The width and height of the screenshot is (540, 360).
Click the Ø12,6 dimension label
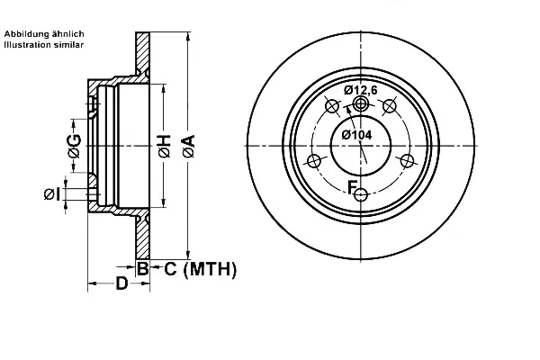click(361, 90)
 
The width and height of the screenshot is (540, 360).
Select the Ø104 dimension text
click(356, 135)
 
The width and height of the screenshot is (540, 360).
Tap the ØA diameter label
click(188, 147)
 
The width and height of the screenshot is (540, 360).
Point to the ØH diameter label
click(165, 147)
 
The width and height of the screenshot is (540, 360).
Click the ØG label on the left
click(75, 146)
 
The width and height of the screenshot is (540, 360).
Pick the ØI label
click(52, 194)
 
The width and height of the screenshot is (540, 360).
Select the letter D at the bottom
click(121, 283)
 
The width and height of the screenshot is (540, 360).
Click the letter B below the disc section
click(142, 268)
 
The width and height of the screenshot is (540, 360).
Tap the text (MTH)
click(210, 269)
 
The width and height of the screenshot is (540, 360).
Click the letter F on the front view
click(352, 188)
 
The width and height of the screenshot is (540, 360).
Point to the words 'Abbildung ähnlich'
click(44, 34)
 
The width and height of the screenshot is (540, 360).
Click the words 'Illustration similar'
click(44, 45)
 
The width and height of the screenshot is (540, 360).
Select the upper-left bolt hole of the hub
click(332, 106)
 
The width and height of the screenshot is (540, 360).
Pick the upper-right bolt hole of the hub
click(389, 106)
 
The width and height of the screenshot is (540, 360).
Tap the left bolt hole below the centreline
click(314, 161)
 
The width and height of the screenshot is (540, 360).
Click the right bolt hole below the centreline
click(407, 160)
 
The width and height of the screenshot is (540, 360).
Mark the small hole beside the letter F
click(361, 195)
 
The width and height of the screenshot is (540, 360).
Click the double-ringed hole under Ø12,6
click(361, 103)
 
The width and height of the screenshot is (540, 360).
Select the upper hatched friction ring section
click(142, 53)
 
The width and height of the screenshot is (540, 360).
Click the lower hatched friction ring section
click(142, 238)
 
